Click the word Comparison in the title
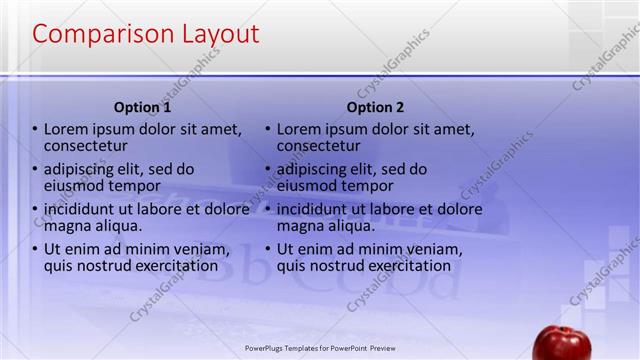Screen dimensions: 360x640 pyautogui.click(x=96, y=34)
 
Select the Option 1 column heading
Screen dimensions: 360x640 pyautogui.click(x=142, y=107)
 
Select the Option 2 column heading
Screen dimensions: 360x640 pyautogui.click(x=376, y=107)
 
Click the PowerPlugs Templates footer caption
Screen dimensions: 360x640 pyautogui.click(x=320, y=349)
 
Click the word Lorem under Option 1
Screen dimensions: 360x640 pyautogui.click(x=67, y=129)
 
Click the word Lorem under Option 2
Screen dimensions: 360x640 pyautogui.click(x=300, y=129)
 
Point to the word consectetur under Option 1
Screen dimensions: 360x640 pyautogui.click(x=85, y=146)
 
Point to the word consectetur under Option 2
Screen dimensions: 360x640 pyautogui.click(x=318, y=146)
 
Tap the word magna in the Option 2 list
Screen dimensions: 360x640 pyautogui.click(x=300, y=226)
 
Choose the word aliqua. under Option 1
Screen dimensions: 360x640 pyautogui.click(x=113, y=226)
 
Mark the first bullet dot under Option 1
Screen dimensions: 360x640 pyautogui.click(x=35, y=130)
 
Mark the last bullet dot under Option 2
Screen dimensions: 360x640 pyautogui.click(x=268, y=250)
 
